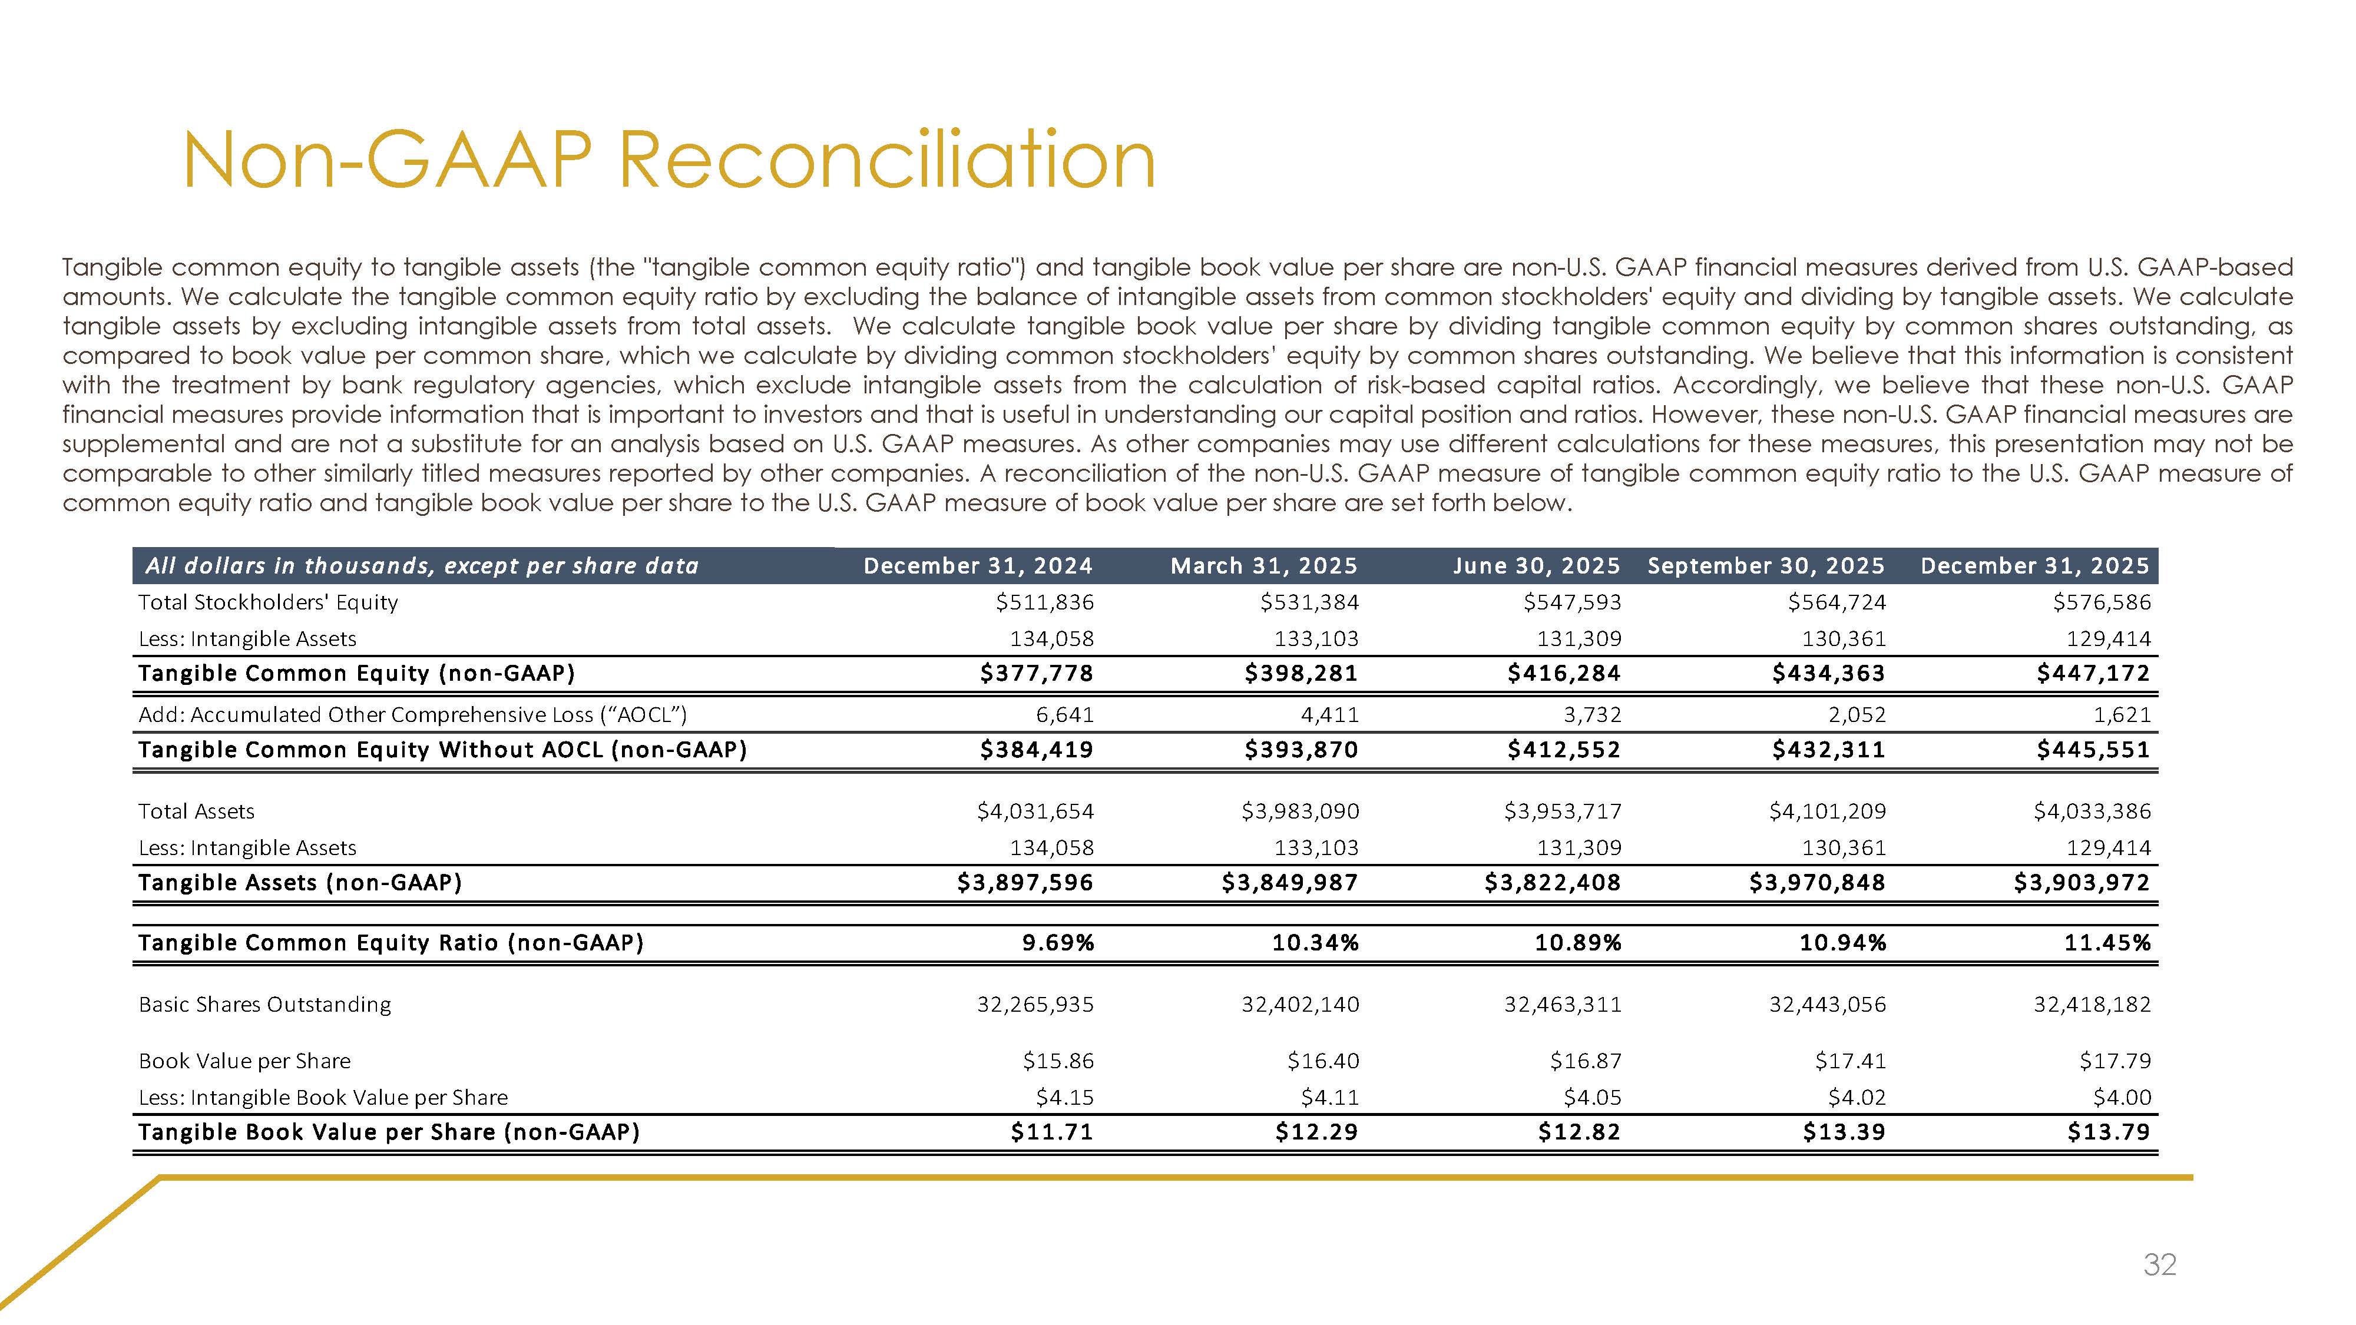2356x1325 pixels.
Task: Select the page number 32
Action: click(2159, 1265)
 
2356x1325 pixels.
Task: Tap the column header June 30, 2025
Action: click(1537, 566)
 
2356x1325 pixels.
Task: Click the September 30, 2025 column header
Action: click(1766, 566)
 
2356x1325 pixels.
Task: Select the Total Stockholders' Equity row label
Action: click(268, 602)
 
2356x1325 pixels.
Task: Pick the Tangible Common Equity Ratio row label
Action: click(391, 943)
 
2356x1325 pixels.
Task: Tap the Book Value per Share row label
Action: click(244, 1061)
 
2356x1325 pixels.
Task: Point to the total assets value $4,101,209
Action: click(1827, 811)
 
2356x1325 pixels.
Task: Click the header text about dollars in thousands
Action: click(422, 566)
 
